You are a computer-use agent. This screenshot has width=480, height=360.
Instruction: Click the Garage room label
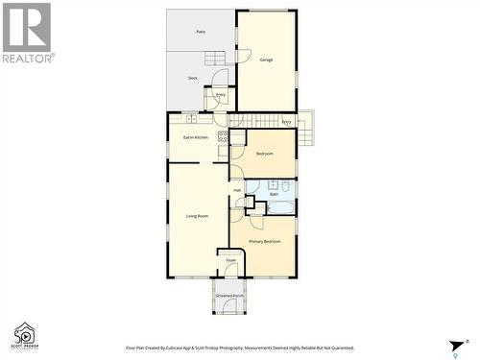pyautogui.click(x=266, y=60)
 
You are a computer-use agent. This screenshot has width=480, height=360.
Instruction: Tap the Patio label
pyautogui.click(x=201, y=32)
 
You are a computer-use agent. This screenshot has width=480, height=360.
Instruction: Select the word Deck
pyautogui.click(x=192, y=78)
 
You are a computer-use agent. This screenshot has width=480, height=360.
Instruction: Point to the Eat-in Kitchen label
pyautogui.click(x=195, y=137)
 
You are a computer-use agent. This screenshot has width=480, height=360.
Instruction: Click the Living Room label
pyautogui.click(x=197, y=217)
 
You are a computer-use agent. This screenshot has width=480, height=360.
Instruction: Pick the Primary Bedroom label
pyautogui.click(x=265, y=241)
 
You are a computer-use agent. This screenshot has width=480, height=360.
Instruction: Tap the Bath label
pyautogui.click(x=274, y=194)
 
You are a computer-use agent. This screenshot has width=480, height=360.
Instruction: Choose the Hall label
pyautogui.click(x=237, y=190)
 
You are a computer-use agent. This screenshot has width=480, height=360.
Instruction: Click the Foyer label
pyautogui.click(x=230, y=260)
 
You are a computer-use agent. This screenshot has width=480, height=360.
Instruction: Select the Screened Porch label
pyautogui.click(x=229, y=296)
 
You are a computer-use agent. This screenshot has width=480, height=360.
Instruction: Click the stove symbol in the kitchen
pyautogui.click(x=224, y=136)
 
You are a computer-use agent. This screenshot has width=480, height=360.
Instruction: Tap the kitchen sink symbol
pyautogui.click(x=192, y=118)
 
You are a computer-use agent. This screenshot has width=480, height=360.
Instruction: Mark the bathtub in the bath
pyautogui.click(x=280, y=206)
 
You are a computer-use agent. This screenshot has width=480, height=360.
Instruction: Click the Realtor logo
pyautogui.click(x=27, y=33)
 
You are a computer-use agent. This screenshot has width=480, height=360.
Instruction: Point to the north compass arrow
pyautogui.click(x=456, y=347)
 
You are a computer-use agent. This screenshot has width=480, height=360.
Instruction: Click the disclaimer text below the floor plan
pyautogui.click(x=240, y=348)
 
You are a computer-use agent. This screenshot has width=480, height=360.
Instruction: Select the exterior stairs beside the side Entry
pyautogui.click(x=305, y=128)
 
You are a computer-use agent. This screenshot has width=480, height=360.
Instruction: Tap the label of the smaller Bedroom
pyautogui.click(x=264, y=154)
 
